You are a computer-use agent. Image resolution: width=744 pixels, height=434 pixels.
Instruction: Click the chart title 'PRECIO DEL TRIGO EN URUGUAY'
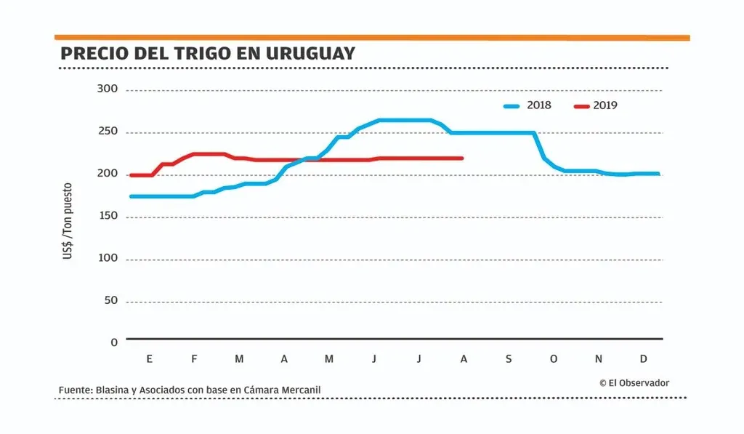click(x=208, y=54)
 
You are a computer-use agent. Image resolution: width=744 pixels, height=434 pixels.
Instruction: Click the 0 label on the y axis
click(x=114, y=342)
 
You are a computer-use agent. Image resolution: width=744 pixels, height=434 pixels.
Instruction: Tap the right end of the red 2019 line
click(x=462, y=158)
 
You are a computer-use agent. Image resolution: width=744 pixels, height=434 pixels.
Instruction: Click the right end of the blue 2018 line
click(x=658, y=174)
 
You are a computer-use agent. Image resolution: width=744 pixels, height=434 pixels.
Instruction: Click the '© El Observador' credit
click(x=634, y=382)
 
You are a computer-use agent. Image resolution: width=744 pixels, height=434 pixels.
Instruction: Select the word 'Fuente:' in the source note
click(x=76, y=390)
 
